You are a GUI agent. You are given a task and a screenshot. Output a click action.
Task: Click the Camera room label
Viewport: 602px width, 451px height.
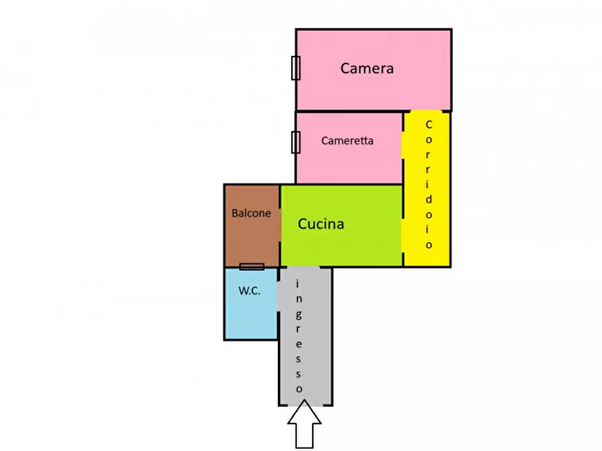click(367, 68)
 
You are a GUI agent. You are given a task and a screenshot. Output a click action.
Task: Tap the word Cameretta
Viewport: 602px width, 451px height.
click(347, 141)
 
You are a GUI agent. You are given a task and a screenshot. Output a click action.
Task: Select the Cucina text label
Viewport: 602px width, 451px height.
click(321, 224)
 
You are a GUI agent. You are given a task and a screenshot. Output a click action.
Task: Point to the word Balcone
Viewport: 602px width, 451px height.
click(251, 213)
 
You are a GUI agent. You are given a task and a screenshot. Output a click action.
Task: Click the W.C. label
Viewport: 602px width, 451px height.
click(249, 291)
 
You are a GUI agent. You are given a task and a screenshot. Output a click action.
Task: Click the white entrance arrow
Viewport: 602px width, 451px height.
click(305, 424)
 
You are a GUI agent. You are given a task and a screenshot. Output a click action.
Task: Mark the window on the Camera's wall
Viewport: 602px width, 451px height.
click(295, 68)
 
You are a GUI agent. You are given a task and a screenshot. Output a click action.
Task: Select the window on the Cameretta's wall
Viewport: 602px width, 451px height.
click(295, 142)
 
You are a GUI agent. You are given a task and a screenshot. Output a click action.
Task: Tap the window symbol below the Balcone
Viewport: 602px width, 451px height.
click(251, 267)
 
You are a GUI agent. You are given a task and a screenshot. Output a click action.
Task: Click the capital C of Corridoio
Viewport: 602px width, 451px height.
click(428, 125)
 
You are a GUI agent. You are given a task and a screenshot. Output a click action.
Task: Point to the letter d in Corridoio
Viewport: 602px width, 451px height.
click(429, 199)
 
